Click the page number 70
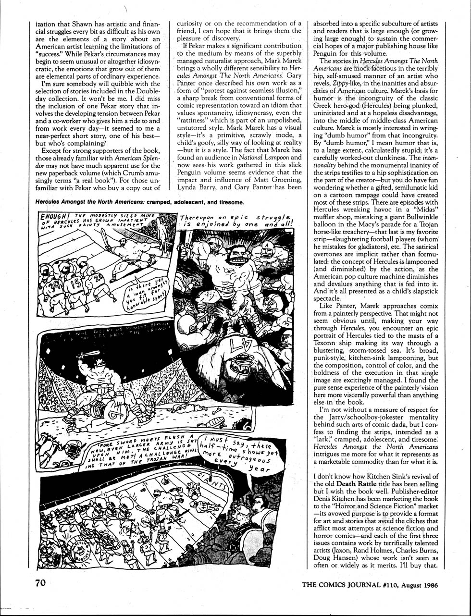pyautogui.click(x=40, y=583)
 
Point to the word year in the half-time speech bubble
pyautogui.click(x=260, y=468)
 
